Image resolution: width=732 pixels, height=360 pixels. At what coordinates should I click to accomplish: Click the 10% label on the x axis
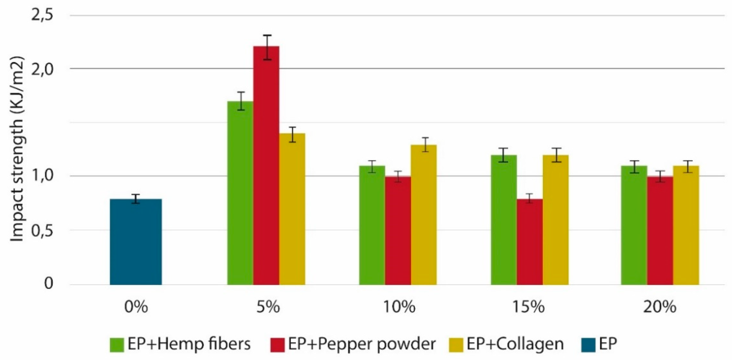point(399,307)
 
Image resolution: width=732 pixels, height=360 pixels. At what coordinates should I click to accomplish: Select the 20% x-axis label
point(659,307)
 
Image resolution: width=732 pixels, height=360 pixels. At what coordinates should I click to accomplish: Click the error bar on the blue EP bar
point(136,199)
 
